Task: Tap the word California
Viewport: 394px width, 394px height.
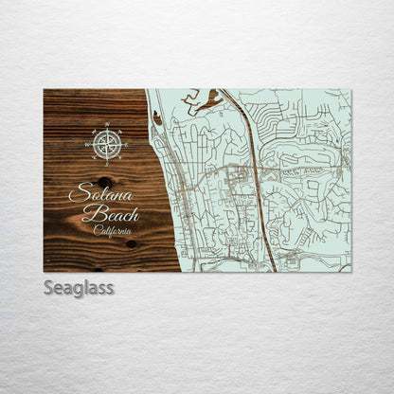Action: click(x=114, y=230)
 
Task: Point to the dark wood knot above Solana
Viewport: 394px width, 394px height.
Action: click(x=104, y=182)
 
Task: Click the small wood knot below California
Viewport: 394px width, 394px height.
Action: click(x=131, y=244)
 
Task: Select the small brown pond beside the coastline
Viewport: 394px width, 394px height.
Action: click(x=156, y=117)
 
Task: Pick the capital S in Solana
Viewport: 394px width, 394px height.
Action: click(x=77, y=195)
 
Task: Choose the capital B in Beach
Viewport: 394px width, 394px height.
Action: click(x=92, y=214)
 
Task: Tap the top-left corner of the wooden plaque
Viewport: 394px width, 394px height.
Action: click(x=44, y=90)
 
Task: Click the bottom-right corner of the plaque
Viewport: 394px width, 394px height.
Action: click(x=350, y=272)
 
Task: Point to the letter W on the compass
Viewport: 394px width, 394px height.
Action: click(x=86, y=144)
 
